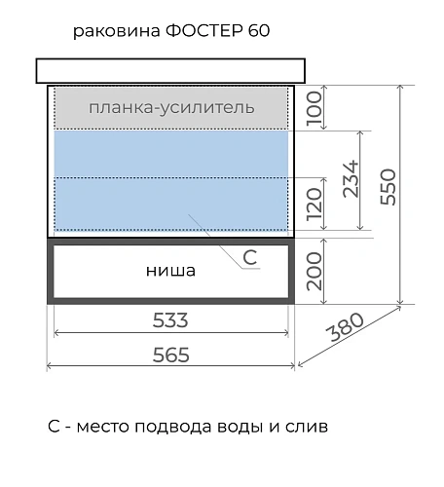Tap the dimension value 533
point(170,319)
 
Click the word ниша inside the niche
point(171,270)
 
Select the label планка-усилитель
point(171,107)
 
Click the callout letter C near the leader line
point(250,257)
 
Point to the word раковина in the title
point(109,31)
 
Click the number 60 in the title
point(258,31)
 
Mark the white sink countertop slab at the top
point(170,70)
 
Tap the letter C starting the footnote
point(54,428)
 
